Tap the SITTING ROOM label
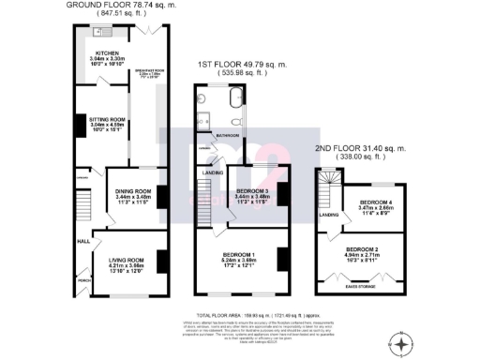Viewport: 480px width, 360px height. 106,120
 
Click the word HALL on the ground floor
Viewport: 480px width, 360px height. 82,241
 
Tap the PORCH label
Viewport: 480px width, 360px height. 83,278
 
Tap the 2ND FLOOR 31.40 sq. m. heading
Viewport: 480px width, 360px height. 361,148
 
